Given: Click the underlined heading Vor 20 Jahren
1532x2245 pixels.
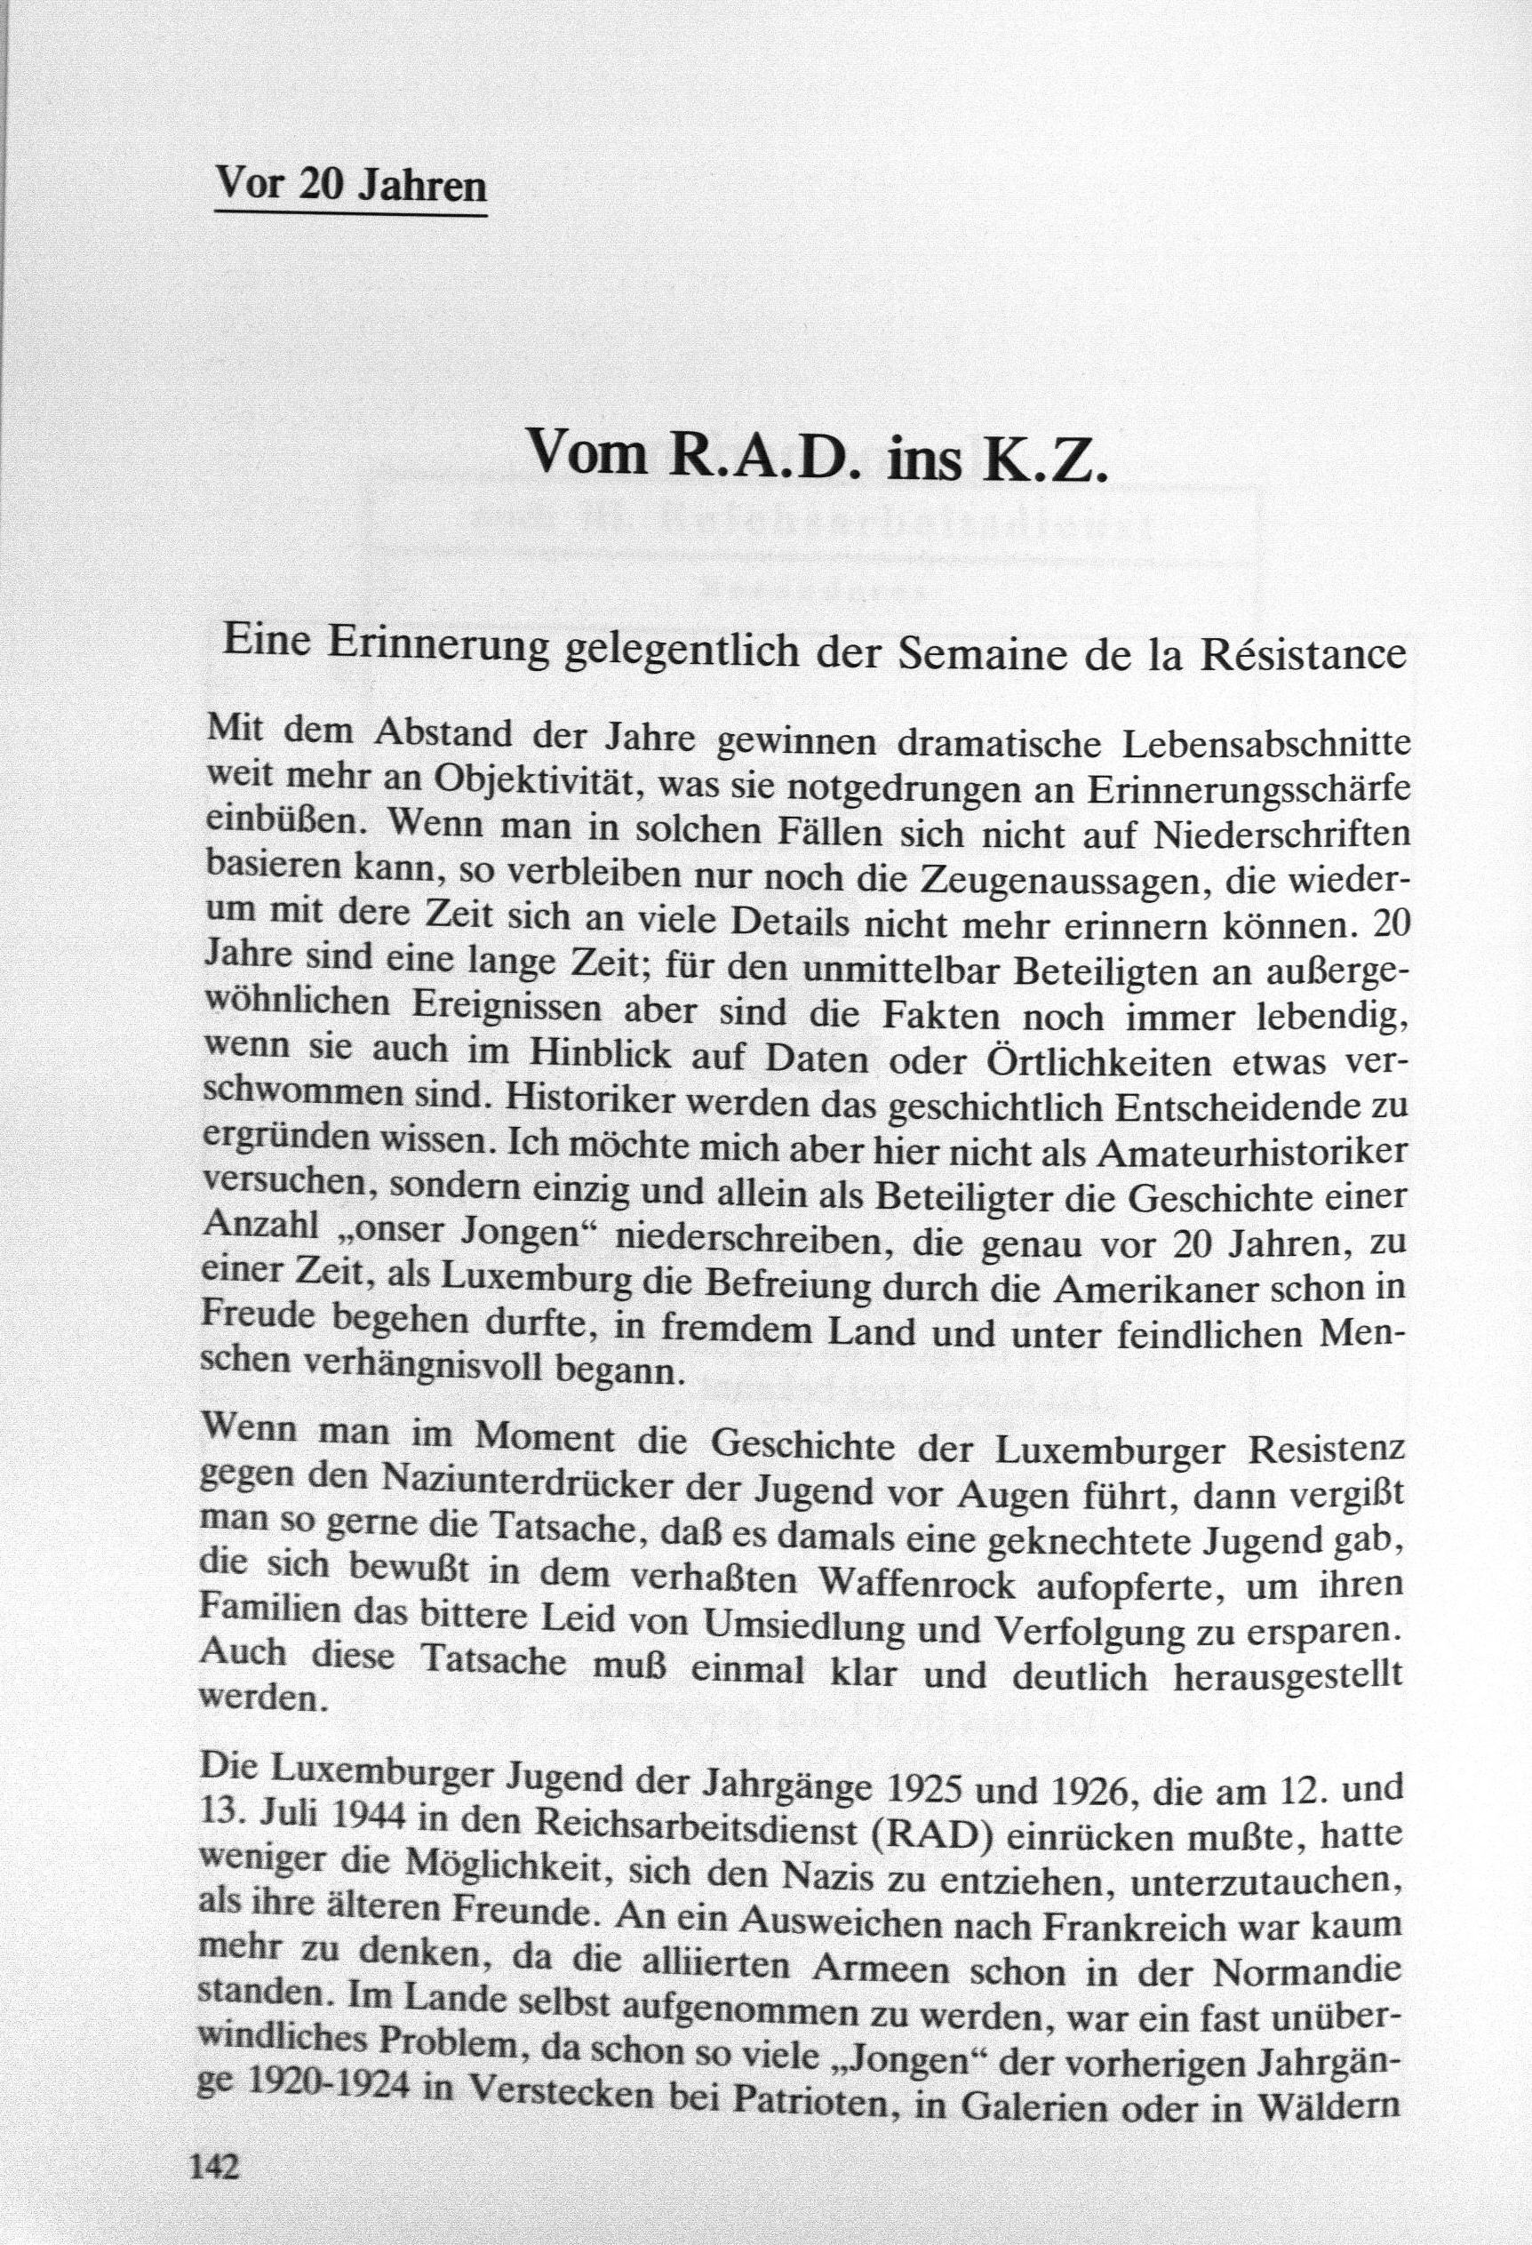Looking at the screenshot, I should [x=349, y=184].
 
